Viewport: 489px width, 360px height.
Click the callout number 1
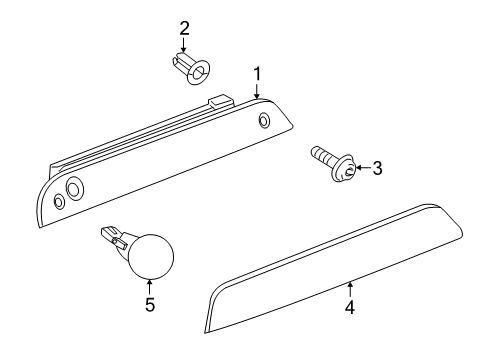(x=257, y=74)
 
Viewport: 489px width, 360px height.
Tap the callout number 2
(x=184, y=27)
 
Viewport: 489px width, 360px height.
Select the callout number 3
(x=377, y=169)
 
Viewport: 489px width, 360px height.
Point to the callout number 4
(x=350, y=308)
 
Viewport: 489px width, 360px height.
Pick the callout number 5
(x=149, y=304)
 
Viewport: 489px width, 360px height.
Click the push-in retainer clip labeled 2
(x=190, y=69)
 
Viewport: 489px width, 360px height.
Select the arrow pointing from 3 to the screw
(x=362, y=169)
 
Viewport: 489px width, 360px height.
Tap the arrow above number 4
(x=350, y=289)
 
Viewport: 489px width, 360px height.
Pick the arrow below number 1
(x=257, y=91)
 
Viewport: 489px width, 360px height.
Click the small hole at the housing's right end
(x=264, y=121)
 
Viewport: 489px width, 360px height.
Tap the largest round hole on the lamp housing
(x=75, y=190)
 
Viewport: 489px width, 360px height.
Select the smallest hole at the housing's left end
(x=58, y=202)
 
